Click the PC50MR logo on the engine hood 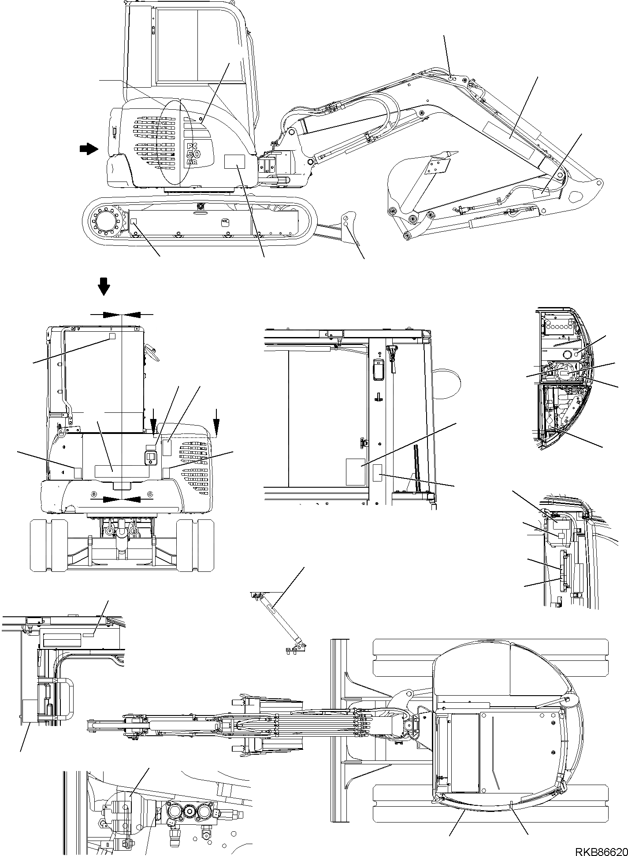click(x=194, y=153)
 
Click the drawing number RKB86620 click(x=600, y=849)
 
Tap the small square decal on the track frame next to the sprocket click(x=134, y=221)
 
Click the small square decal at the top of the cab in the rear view click(x=112, y=336)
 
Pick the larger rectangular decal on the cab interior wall click(x=355, y=472)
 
